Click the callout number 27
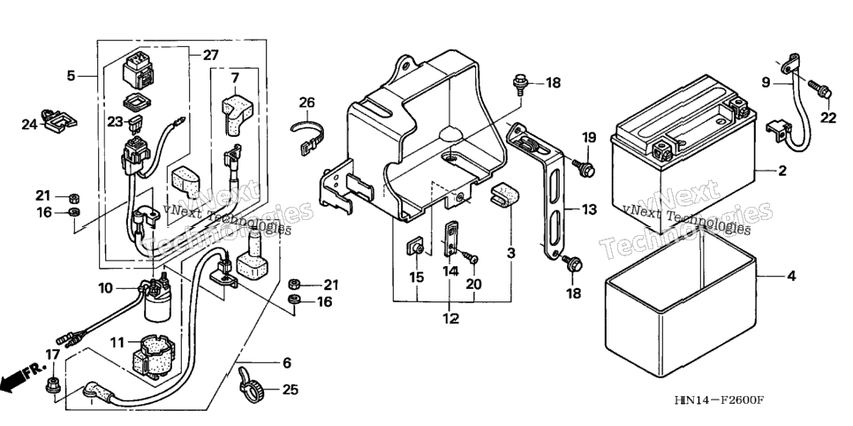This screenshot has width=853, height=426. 210,55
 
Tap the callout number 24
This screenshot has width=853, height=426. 29,125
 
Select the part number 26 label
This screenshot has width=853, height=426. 306,102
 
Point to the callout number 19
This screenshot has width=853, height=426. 589,137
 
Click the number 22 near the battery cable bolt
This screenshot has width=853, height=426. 828,118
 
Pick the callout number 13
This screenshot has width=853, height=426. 589,209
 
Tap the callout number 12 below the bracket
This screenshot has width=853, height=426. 450,318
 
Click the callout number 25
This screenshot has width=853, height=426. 290,390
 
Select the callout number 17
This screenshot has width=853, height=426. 52,355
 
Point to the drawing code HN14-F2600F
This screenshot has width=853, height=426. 719,401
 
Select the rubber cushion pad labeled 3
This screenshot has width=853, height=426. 504,196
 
